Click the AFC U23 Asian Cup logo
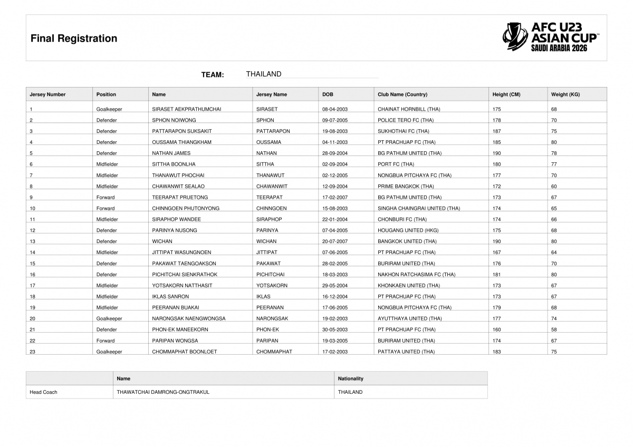(x=550, y=37)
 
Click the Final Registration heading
(x=74, y=38)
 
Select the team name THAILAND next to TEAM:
(x=264, y=74)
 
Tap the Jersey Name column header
(x=272, y=94)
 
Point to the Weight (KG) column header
(x=565, y=94)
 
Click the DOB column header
(x=328, y=94)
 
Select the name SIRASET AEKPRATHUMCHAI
(x=187, y=109)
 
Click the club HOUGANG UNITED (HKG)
(x=408, y=230)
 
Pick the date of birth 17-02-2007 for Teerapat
(x=335, y=197)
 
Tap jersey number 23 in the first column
(x=33, y=352)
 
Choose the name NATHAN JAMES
(x=171, y=153)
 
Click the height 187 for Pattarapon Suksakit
(x=496, y=131)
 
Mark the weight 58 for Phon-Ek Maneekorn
(x=554, y=329)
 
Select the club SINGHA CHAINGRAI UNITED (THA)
(x=419, y=208)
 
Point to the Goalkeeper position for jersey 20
(x=109, y=318)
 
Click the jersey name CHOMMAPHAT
(x=274, y=352)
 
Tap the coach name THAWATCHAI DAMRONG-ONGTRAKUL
(x=163, y=392)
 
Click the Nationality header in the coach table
(x=351, y=378)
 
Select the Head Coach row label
(x=43, y=392)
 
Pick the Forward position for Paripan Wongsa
(x=105, y=341)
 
